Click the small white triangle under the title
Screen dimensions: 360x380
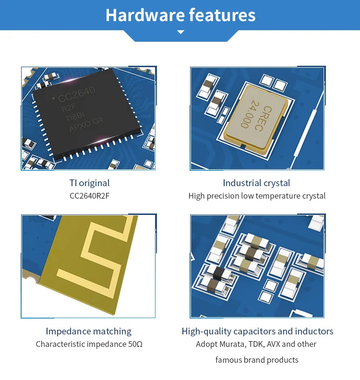click(x=180, y=32)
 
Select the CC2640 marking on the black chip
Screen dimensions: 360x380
click(x=77, y=95)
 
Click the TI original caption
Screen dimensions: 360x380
click(x=89, y=183)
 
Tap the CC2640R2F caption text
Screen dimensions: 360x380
click(x=89, y=196)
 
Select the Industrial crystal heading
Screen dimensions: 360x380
click(x=256, y=183)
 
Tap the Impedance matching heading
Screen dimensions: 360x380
click(x=89, y=331)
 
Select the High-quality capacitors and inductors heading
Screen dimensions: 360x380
click(x=257, y=331)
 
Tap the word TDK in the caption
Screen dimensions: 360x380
click(x=258, y=344)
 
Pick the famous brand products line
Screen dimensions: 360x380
click(x=257, y=360)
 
